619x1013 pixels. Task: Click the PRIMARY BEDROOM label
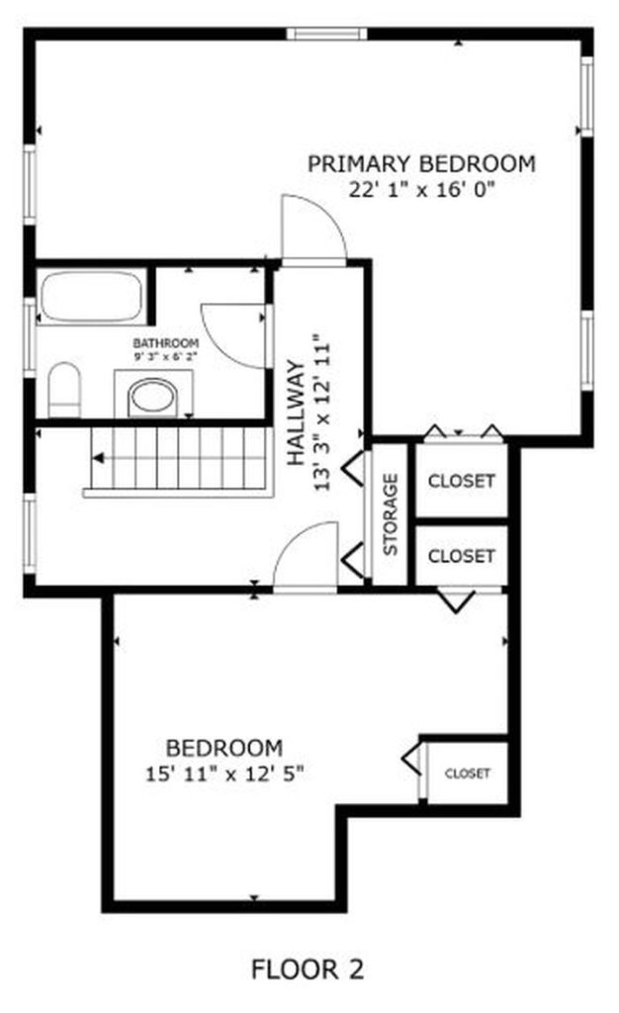point(421,164)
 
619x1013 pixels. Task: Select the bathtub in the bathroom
point(92,296)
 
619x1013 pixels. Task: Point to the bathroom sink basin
point(153,398)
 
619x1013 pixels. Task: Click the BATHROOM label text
point(166,343)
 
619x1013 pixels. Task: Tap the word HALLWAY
point(297,413)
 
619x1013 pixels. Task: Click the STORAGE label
point(391,514)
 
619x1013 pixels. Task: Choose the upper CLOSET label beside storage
point(462,482)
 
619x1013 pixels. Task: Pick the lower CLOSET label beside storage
point(462,556)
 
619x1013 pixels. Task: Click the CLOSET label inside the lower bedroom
point(468,774)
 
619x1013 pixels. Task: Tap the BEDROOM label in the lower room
point(224,748)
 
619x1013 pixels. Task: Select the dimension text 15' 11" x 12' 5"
point(224,774)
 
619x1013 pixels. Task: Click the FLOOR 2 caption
point(308,969)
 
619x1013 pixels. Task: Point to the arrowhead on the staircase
point(98,458)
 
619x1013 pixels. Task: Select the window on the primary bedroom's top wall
point(326,34)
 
